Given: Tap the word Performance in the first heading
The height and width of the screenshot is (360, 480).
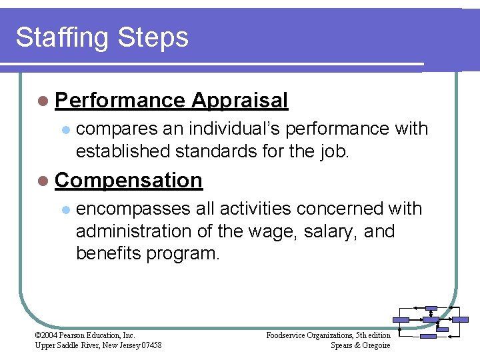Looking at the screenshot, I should [120, 101].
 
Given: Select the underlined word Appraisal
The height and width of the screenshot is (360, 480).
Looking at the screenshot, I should [239, 101].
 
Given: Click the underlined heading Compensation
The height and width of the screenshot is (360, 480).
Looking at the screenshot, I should [129, 180].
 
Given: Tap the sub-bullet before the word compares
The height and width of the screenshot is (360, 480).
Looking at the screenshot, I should [65, 129].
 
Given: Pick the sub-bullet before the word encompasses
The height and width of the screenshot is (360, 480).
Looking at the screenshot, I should [65, 209].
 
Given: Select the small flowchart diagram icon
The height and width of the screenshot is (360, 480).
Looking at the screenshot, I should [431, 321].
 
